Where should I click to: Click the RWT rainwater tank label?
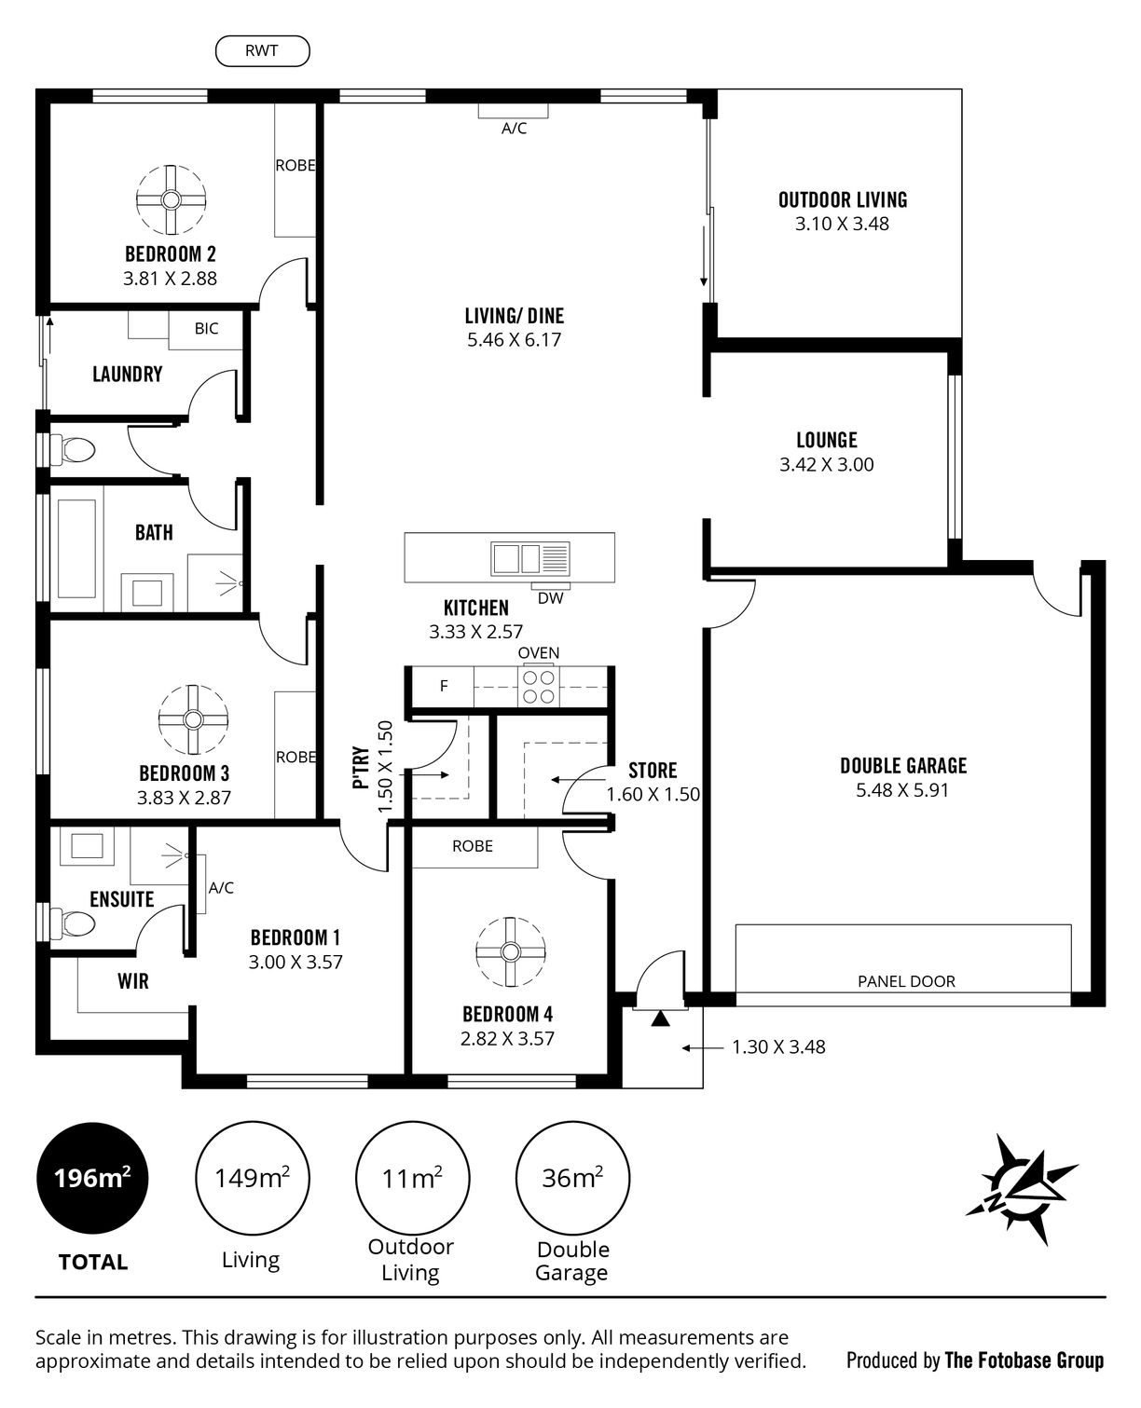[x=262, y=51]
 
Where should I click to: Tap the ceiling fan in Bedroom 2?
[x=172, y=199]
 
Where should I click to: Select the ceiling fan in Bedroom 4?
[x=510, y=951]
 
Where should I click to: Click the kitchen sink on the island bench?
[x=529, y=558]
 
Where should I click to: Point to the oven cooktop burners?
[x=539, y=687]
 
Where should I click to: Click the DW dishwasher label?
[x=551, y=598]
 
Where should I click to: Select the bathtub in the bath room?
[x=77, y=548]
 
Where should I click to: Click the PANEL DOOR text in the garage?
[x=906, y=981]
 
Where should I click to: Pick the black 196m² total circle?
[x=92, y=1179]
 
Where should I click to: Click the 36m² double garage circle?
[x=572, y=1179]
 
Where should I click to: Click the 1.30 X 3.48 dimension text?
[x=778, y=1047]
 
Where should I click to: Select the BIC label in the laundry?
[x=206, y=329]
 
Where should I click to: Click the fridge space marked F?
[x=444, y=686]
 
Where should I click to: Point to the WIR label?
[x=133, y=981]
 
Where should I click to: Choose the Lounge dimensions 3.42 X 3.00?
[x=826, y=465]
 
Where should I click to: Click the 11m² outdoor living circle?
[x=413, y=1179]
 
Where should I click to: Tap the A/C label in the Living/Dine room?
[x=514, y=129]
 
